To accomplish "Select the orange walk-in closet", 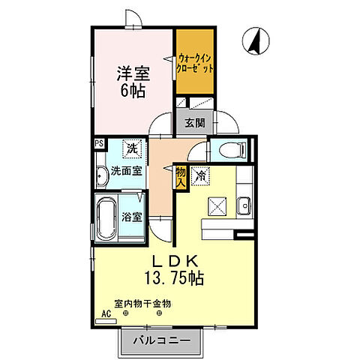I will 195,61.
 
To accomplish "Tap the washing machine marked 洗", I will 131,148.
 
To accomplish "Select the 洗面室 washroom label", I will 126,170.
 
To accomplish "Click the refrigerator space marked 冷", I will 200,175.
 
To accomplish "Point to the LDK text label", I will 176,260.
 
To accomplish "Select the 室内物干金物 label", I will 142,304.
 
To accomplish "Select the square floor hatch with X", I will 217,203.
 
